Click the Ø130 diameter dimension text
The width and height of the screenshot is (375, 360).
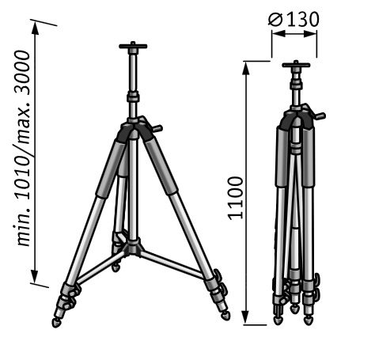(x=294, y=20)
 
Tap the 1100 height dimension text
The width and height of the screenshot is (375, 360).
(x=235, y=199)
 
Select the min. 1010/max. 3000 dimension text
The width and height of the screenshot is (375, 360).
(x=22, y=148)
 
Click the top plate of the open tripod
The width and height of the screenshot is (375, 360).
(x=133, y=46)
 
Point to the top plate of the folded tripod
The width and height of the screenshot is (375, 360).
(x=296, y=64)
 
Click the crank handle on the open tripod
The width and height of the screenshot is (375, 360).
(x=157, y=128)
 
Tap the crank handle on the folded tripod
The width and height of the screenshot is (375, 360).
(x=320, y=116)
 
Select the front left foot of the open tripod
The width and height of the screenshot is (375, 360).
(x=56, y=322)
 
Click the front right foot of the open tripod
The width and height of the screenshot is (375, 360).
(x=225, y=315)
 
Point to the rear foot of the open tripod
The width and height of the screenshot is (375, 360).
(x=116, y=268)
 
